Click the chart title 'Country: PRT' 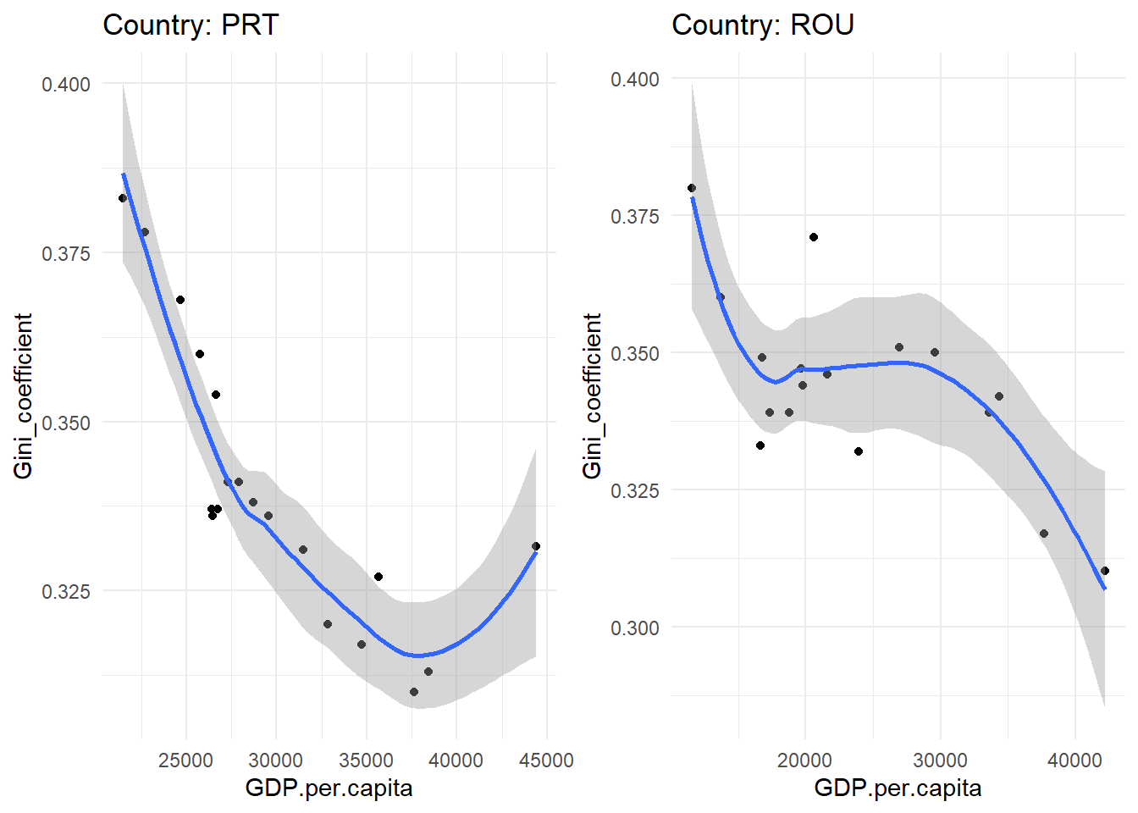click(x=191, y=25)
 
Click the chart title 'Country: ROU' click(x=762, y=25)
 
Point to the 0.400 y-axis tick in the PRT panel click(x=66, y=84)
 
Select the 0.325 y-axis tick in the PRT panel click(x=66, y=591)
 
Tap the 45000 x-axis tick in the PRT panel click(x=546, y=760)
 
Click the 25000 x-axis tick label click(x=185, y=760)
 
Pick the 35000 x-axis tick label click(x=366, y=760)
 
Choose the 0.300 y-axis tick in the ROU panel click(x=635, y=628)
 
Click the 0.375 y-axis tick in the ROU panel click(x=635, y=216)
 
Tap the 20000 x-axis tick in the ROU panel click(x=804, y=760)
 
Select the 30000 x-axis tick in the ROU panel click(x=940, y=760)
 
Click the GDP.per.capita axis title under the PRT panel click(x=329, y=788)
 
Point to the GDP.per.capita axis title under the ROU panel click(x=898, y=788)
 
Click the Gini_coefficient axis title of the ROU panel click(x=592, y=395)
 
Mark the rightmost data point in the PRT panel click(x=536, y=546)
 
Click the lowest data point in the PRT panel click(x=414, y=692)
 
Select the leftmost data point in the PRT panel click(x=123, y=198)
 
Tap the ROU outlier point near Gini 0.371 click(x=814, y=237)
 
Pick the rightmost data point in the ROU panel click(x=1105, y=571)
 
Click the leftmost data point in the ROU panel click(x=692, y=188)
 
